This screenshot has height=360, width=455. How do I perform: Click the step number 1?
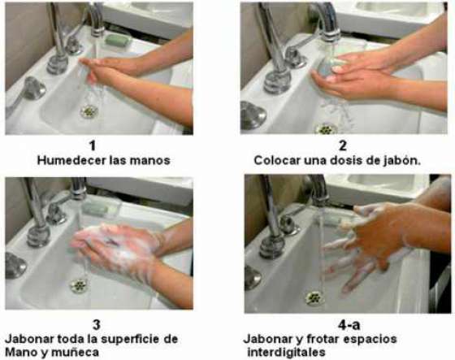coord(92,146)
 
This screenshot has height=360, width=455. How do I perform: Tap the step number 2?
coord(341,146)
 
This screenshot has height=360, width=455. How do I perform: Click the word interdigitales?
coord(285,352)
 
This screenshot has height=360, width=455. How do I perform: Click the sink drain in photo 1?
coord(89,111)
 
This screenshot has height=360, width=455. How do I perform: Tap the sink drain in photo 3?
coord(79,286)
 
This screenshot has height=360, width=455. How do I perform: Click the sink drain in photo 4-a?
coord(314,297)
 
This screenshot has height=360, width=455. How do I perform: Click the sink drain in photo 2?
coord(327,128)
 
